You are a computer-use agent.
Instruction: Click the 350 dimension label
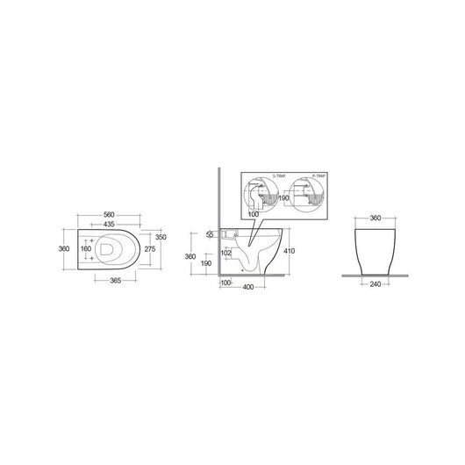click(x=161, y=237)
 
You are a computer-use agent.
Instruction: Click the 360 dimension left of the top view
click(x=63, y=248)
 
